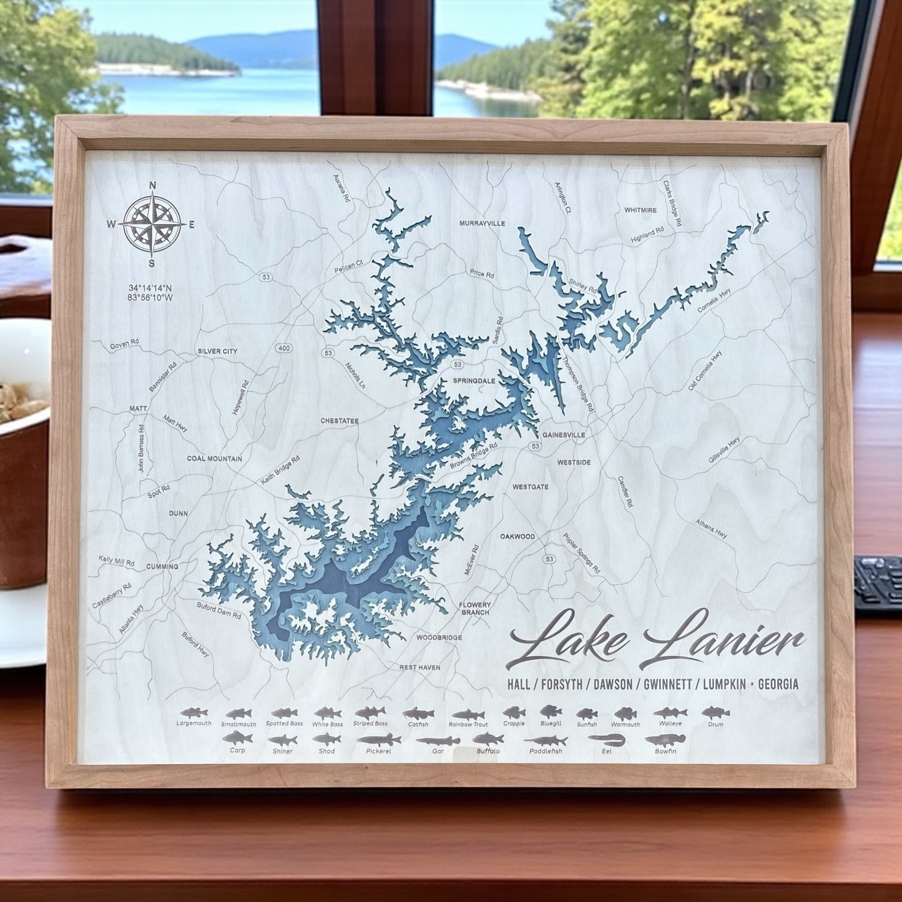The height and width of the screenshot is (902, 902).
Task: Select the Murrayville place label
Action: tap(482, 223)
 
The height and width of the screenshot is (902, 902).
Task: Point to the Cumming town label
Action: tap(162, 566)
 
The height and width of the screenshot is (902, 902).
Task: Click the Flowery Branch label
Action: tap(474, 609)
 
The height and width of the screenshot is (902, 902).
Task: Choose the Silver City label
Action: tap(217, 351)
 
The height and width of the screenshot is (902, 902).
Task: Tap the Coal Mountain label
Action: tap(214, 458)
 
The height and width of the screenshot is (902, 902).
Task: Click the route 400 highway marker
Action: tap(286, 347)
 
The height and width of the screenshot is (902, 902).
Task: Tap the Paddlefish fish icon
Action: tap(545, 742)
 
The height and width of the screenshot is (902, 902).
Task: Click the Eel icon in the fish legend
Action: tap(606, 740)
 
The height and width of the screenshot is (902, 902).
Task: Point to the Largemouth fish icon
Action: tap(193, 713)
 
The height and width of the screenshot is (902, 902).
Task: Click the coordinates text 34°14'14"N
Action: tap(150, 288)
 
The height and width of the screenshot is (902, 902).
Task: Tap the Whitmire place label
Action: tap(640, 210)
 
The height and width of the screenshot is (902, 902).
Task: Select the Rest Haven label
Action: tap(419, 667)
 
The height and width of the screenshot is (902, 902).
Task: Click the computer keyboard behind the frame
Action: tap(877, 582)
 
